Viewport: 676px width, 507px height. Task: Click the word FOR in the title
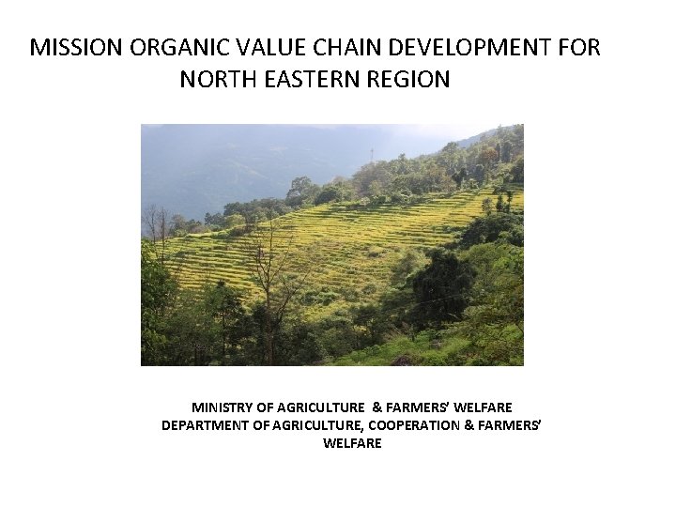(580, 48)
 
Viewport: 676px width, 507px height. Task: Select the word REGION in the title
(409, 79)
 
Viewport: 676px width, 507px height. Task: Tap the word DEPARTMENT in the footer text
(204, 425)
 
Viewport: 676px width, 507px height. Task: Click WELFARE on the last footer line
(352, 443)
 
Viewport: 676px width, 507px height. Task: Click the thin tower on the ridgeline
(372, 153)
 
